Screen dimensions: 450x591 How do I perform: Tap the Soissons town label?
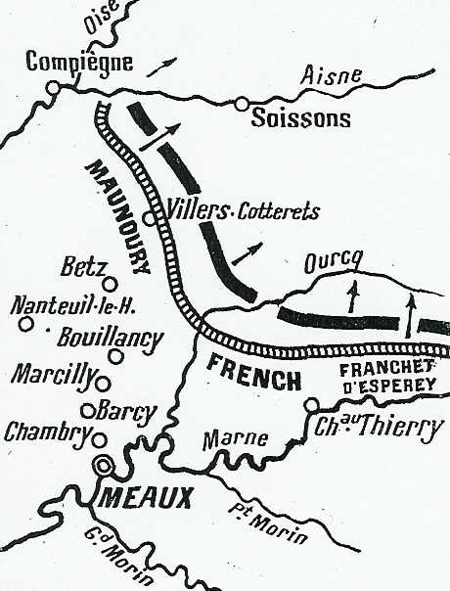coord(300,119)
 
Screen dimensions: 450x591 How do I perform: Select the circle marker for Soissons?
coord(241,104)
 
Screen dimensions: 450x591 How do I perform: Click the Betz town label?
coord(81,265)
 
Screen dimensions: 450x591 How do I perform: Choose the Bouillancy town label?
coord(109,340)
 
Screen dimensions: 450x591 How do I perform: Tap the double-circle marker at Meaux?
coord(103,466)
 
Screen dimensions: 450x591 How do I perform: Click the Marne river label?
coord(235,441)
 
